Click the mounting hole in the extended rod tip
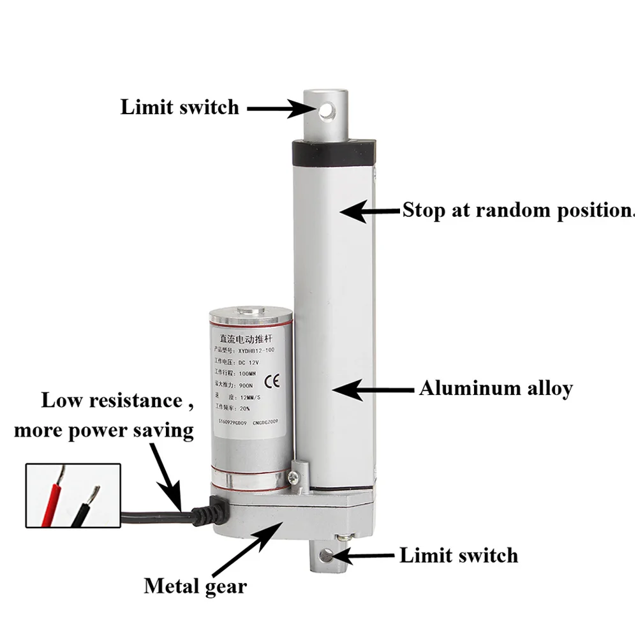pos(328,110)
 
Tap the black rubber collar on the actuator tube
pos(332,151)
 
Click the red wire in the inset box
pos(52,500)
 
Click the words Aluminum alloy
pos(496,389)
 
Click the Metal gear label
pos(195,586)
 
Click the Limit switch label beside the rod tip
pos(180,107)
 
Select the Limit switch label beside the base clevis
pos(458,555)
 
